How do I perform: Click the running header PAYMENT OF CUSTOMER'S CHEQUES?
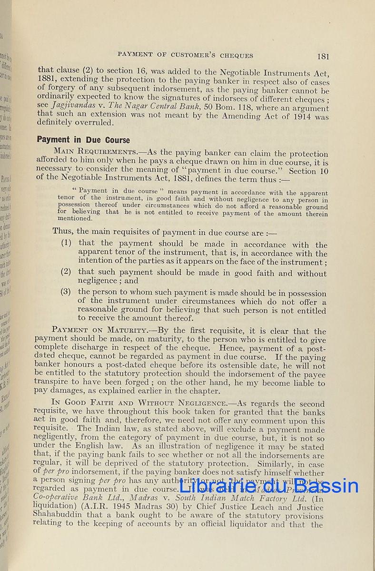point(185,55)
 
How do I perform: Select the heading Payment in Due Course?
point(83,140)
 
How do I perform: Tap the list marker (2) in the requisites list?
point(66,272)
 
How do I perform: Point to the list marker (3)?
point(66,291)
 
